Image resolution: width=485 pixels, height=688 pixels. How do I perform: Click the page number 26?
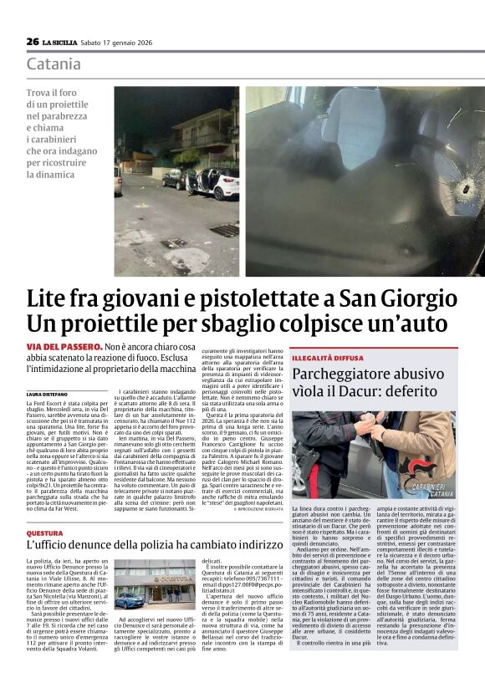coord(33,42)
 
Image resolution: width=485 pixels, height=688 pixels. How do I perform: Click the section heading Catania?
coord(54,64)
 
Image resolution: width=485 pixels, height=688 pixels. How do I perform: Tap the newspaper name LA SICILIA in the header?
coord(61,42)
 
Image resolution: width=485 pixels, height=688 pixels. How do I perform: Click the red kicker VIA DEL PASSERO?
coord(64,346)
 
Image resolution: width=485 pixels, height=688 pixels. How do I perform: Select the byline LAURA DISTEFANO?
coord(46,394)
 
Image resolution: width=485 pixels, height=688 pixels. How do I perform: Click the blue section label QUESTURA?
coord(44,533)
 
